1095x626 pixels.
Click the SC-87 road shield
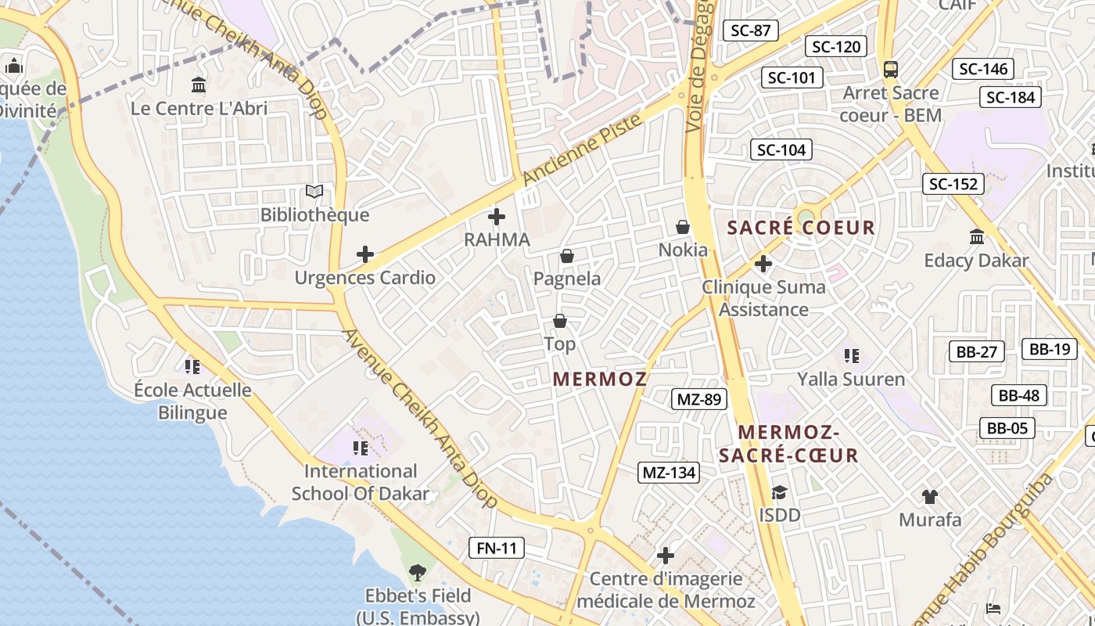tap(751, 31)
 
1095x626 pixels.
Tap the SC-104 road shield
tap(781, 149)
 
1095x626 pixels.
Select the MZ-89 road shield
tap(698, 399)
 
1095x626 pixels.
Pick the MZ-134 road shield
tap(669, 472)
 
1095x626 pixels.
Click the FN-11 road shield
tap(497, 548)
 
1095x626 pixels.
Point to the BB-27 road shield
tap(977, 351)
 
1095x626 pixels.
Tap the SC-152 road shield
tap(953, 184)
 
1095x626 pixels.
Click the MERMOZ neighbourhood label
tap(600, 380)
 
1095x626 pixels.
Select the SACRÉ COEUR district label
tap(801, 228)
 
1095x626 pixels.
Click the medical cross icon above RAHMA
tap(497, 217)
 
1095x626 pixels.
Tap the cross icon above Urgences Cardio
tap(365, 254)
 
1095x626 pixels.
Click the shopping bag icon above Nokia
tap(683, 227)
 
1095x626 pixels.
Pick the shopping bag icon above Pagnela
tap(567, 256)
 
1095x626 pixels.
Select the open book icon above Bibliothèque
tap(314, 192)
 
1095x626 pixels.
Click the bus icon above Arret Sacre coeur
tap(891, 69)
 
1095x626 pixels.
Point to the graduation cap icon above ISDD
tap(779, 492)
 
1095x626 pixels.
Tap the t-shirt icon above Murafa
tap(930, 496)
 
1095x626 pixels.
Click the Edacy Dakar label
tap(976, 261)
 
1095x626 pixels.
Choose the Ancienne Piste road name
tap(582, 150)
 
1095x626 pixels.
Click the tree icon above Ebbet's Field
tap(418, 573)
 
